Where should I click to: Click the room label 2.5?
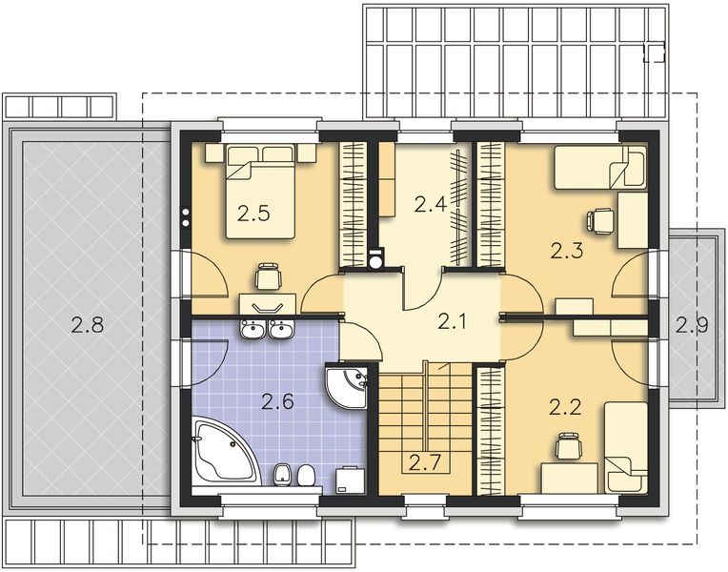(x=254, y=214)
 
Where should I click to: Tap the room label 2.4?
(x=430, y=202)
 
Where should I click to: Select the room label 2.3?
(x=567, y=251)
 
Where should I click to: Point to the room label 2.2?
(x=565, y=408)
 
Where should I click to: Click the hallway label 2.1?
(x=454, y=321)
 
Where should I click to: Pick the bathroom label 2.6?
(x=278, y=401)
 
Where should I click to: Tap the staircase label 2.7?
(x=425, y=463)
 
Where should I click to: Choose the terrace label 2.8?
(x=87, y=324)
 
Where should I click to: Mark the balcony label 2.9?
(x=692, y=324)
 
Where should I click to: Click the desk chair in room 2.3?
(x=600, y=220)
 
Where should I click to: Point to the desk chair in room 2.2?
(x=568, y=443)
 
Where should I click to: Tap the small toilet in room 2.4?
(x=374, y=257)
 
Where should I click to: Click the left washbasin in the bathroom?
(x=254, y=330)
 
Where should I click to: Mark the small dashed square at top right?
(x=654, y=52)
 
